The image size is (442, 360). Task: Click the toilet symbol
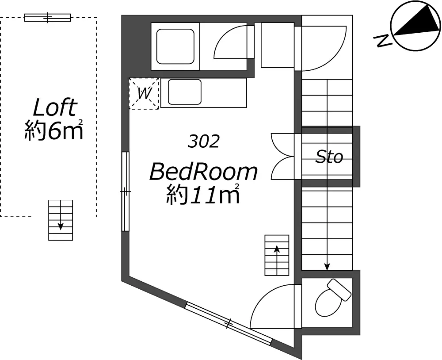(x=333, y=299)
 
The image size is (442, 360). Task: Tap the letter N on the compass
(x=382, y=40)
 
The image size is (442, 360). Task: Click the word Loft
(x=55, y=107)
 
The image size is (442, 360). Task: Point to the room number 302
(x=203, y=142)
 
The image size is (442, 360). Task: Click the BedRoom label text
(x=203, y=172)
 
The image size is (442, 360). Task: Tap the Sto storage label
(x=329, y=157)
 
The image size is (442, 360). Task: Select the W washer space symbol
(x=144, y=93)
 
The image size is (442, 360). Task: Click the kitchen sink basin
(x=185, y=92)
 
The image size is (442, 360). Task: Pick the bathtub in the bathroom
(x=175, y=46)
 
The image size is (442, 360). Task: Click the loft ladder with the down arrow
(x=61, y=220)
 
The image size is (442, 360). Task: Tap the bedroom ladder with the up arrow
(x=277, y=255)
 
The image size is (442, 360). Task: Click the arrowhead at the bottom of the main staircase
(x=327, y=267)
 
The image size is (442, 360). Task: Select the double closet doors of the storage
(x=283, y=156)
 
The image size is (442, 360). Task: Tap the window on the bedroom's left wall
(x=126, y=191)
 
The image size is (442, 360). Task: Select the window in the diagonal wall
(x=229, y=323)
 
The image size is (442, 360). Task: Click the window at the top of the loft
(x=47, y=18)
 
